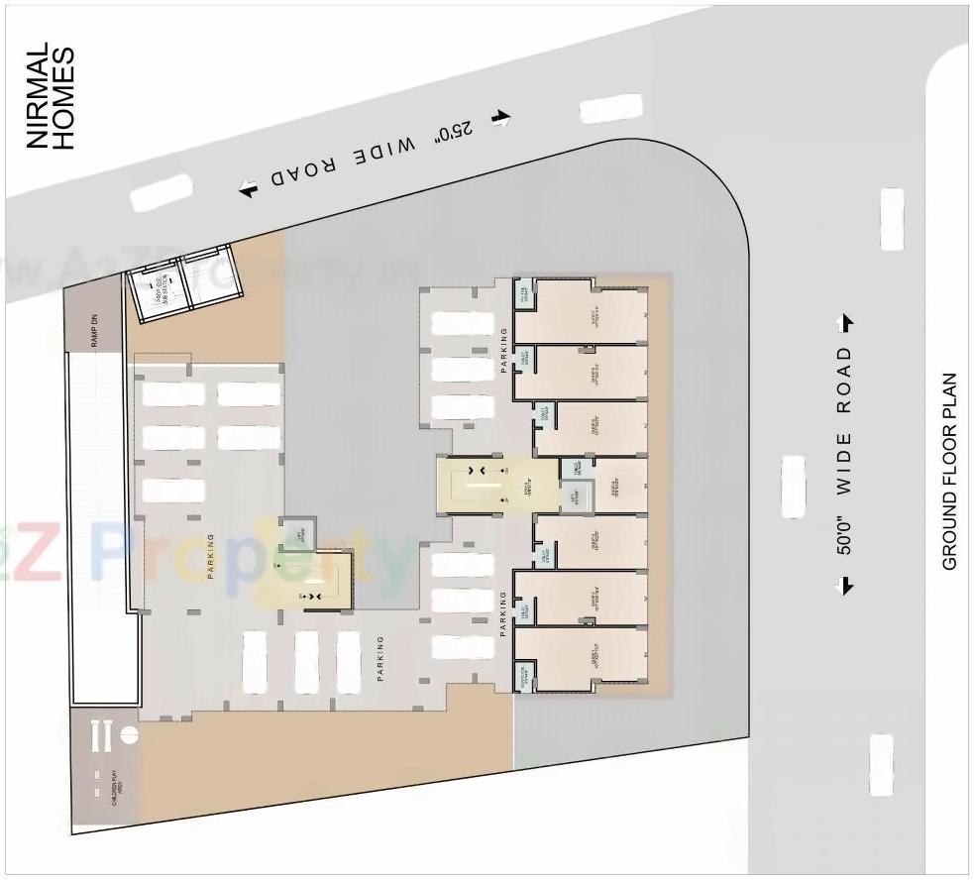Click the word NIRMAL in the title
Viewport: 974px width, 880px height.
(39, 96)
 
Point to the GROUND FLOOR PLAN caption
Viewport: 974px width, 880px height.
(949, 472)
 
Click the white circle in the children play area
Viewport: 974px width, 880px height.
(128, 735)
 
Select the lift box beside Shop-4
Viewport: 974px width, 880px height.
(575, 495)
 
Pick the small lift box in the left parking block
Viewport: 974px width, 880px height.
(298, 534)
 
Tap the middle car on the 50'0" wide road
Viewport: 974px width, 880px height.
(793, 486)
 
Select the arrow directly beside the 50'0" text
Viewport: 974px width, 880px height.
(846, 584)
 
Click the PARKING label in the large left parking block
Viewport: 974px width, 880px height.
(211, 556)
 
